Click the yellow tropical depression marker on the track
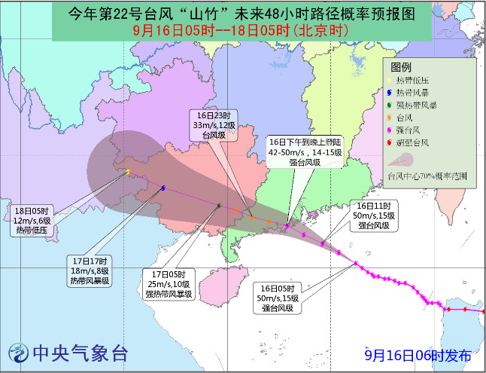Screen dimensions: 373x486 128,173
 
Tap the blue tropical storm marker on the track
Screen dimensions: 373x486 163,188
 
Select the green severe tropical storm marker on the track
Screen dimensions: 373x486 219,205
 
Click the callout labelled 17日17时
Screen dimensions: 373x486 89,271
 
